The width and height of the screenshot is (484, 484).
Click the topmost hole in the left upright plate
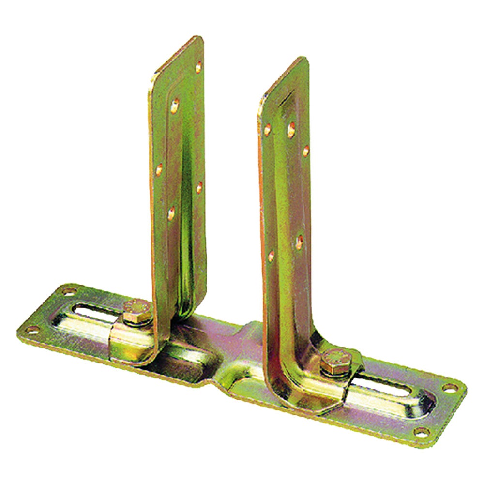click(x=198, y=67)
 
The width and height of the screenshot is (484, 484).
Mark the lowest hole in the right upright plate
click(x=271, y=256)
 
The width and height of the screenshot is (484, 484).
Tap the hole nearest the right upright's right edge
click(x=306, y=150)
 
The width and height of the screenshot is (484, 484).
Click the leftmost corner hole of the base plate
click(x=32, y=330)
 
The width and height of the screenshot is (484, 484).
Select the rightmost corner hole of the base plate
click(x=450, y=388)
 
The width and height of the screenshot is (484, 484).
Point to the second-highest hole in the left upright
click(x=175, y=103)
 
